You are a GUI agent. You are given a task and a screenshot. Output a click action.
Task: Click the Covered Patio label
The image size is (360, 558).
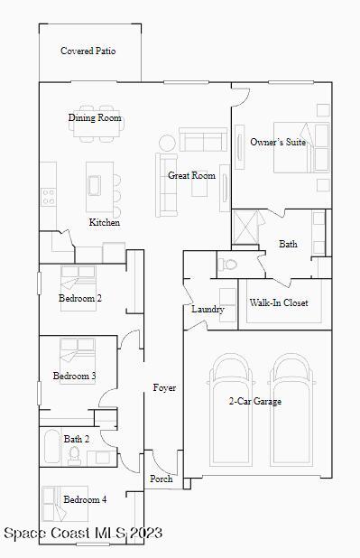pos(88,51)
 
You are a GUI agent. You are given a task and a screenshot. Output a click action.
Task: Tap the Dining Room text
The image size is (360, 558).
pos(95,118)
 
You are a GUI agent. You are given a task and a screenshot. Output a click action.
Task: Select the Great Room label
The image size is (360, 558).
pos(191,175)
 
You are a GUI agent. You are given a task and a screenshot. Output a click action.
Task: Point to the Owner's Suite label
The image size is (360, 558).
pos(277,142)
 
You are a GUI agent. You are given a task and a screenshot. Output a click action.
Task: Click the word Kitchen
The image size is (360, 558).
pos(104,222)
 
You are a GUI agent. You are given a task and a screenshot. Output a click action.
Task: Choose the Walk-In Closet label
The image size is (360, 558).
pos(279,302)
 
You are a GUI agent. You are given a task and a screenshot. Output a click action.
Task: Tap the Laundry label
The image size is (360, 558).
pos(208,310)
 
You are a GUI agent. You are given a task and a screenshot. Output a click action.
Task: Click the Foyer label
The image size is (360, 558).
pos(164,387)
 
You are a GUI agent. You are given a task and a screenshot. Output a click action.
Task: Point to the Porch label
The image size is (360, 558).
pos(161,479)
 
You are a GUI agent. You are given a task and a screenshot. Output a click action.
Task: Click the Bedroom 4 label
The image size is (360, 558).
pos(85,499)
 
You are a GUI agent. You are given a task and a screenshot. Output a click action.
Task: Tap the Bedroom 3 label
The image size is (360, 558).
pos(74,376)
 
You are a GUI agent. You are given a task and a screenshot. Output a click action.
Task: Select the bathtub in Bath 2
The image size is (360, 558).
pos(51,446)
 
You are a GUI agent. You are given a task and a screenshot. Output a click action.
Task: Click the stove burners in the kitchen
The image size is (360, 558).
pos(48,195)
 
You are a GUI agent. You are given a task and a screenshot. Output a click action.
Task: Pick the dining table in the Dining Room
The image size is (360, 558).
pos(95,132)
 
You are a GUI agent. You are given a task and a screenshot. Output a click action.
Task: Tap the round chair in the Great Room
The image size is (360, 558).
pos(168,143)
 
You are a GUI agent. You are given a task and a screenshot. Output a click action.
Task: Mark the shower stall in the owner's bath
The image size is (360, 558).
pos(246,226)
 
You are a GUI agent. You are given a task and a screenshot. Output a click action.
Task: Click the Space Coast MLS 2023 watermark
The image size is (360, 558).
pos(83,533)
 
